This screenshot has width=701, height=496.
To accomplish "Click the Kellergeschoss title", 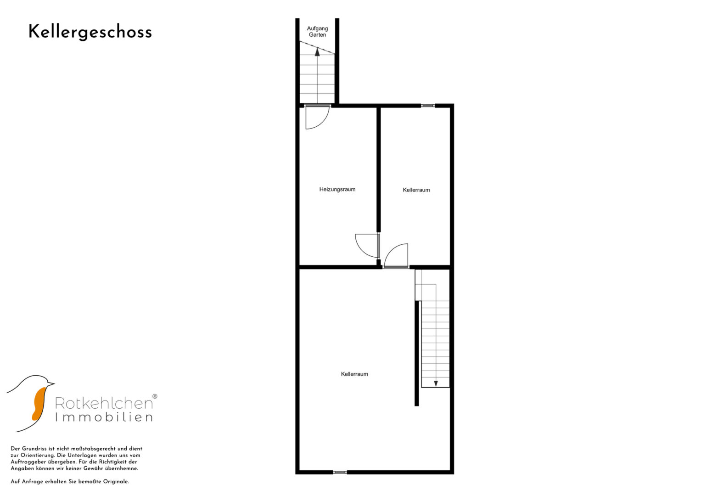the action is [x=90, y=32].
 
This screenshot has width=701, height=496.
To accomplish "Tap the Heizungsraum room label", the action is [x=337, y=189].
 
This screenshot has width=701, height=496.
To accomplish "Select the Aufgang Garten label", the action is [x=317, y=31].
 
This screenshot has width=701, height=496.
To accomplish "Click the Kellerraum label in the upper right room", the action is [x=416, y=190].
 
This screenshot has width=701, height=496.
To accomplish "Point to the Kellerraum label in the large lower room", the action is [x=354, y=374].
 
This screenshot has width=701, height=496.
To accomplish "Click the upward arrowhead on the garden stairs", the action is [x=317, y=52].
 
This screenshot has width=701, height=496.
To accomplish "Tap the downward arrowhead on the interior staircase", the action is [x=436, y=383].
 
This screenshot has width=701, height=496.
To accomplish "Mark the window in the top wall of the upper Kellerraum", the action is [x=428, y=106].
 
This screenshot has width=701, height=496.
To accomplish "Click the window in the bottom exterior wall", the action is [x=340, y=472].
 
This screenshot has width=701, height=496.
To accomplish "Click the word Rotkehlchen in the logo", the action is [x=104, y=403].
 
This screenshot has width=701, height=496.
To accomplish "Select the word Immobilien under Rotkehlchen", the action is [x=104, y=417].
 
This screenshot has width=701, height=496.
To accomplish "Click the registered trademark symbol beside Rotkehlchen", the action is [x=155, y=396].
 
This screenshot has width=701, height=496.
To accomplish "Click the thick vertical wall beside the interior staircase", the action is [x=416, y=354].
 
